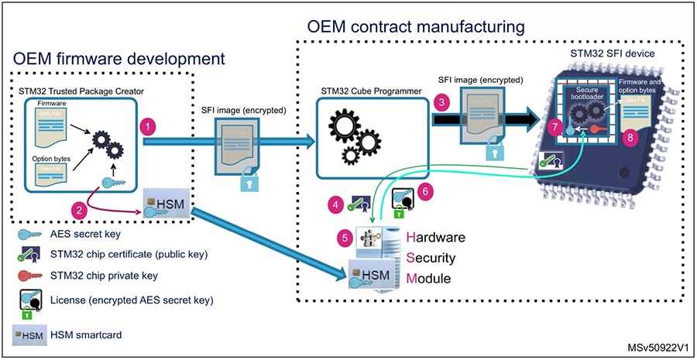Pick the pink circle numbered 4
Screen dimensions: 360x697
coord(335,205)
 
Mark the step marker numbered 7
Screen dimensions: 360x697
coord(553,125)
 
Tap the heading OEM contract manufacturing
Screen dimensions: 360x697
coord(416,26)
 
